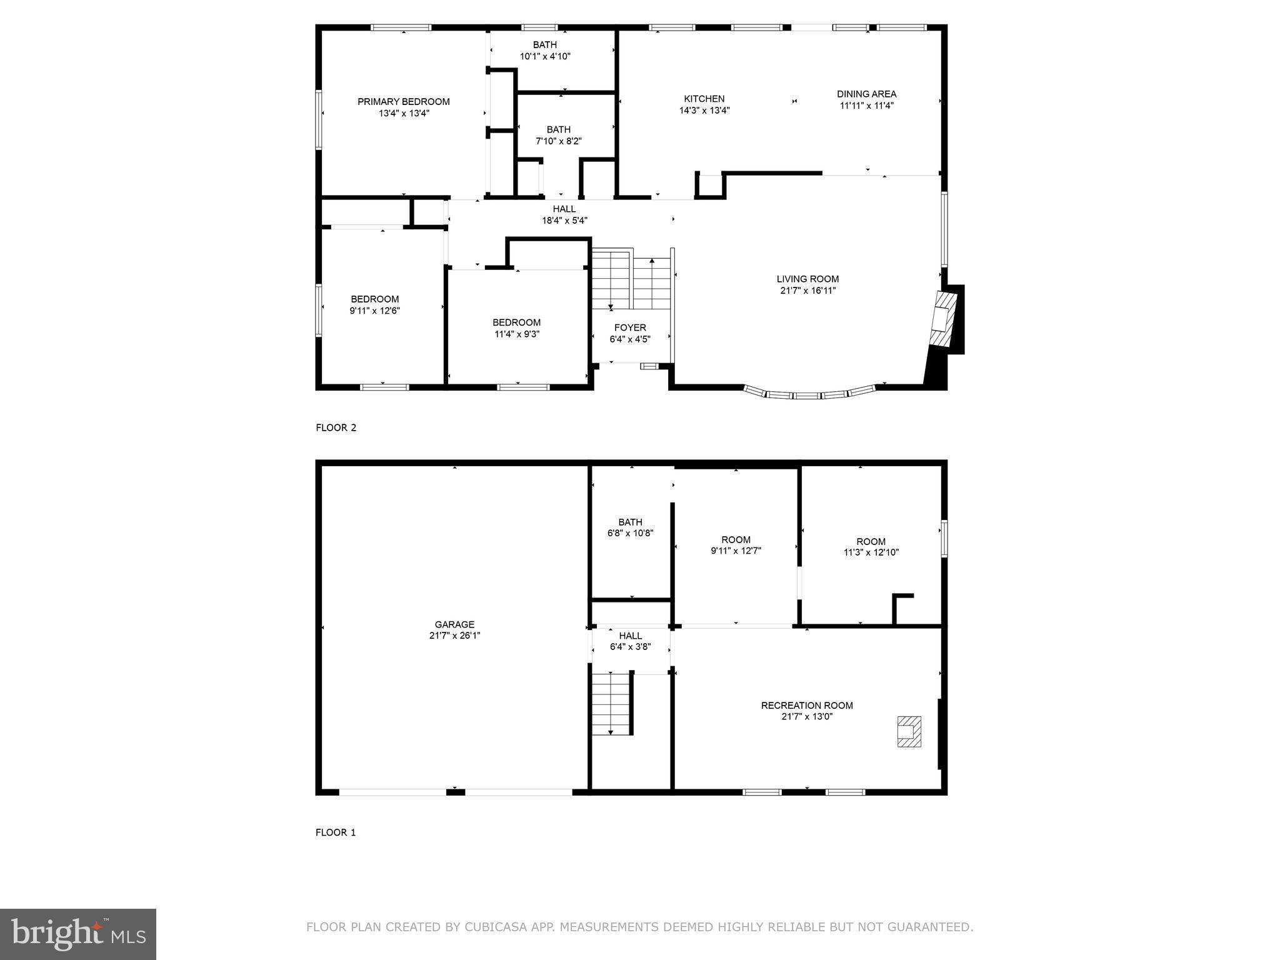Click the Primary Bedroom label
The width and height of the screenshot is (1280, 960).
point(403,102)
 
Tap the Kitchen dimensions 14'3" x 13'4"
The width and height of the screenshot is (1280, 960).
point(704,111)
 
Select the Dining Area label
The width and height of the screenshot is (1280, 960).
point(866,94)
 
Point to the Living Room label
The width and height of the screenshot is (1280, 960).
point(807,279)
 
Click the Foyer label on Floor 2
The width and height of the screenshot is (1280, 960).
point(630,327)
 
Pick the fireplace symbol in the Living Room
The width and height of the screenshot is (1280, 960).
point(942,319)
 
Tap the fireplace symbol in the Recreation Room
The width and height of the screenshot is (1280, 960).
point(909,731)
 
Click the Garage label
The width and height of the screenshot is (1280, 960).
point(454,624)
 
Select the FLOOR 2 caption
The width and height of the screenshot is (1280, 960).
point(336,428)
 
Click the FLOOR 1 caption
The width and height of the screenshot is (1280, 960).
point(336,832)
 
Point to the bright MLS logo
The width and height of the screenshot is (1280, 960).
point(78,934)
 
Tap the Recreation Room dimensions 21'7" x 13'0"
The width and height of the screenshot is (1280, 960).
point(807,717)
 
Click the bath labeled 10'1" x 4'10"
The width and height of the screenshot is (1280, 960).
point(545,51)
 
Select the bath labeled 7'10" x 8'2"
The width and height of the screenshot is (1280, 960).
point(559,136)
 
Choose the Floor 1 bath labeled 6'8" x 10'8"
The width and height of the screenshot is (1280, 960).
point(630,527)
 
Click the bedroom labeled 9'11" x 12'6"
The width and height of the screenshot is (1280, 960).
point(374,305)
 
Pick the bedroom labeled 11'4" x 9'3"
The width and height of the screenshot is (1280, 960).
point(516,328)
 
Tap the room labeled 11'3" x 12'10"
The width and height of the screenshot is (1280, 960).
point(871,547)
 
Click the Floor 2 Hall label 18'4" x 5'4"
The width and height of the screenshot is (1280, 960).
point(564,214)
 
